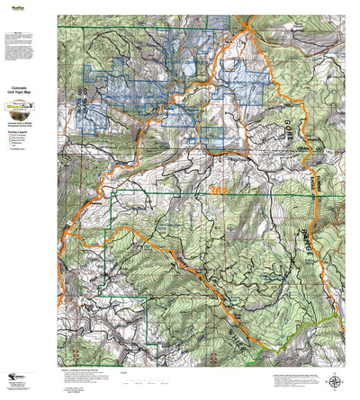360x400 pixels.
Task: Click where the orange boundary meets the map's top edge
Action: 242,15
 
